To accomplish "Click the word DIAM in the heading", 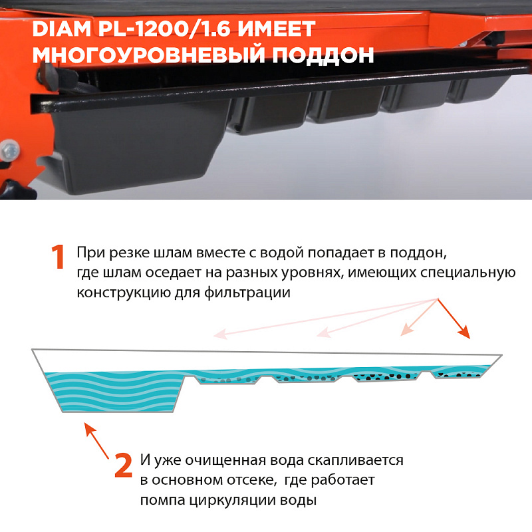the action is (61, 29).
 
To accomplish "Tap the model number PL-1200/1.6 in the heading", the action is (164, 29).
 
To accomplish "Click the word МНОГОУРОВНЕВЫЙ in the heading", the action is (148, 55).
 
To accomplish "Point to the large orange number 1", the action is (58, 257).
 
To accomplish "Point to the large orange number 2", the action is (123, 465).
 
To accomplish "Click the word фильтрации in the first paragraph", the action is (247, 292).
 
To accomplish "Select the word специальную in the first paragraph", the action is (468, 273).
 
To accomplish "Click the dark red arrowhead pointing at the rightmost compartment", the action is (464, 332).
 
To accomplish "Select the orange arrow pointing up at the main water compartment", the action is (96, 440).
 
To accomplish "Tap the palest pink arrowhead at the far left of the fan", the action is (220, 334).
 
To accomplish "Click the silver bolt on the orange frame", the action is (9, 150).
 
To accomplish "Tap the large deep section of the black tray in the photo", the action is (136, 146).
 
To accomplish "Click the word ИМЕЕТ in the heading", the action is (276, 29).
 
